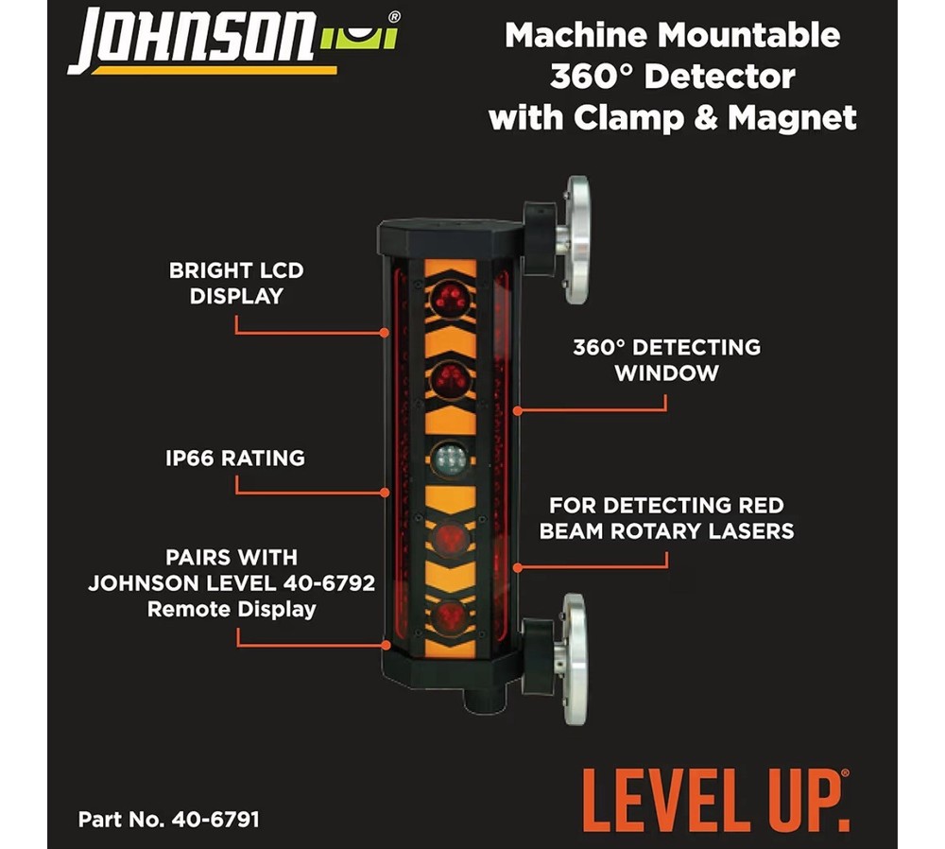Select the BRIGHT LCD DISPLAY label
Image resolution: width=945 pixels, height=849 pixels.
(236, 283)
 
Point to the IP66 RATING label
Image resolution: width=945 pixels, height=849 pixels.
(236, 458)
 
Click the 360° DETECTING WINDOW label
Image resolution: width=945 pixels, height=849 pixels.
(666, 359)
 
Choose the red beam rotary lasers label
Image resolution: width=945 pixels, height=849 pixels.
(666, 518)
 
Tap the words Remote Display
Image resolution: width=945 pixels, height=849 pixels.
(232, 609)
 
